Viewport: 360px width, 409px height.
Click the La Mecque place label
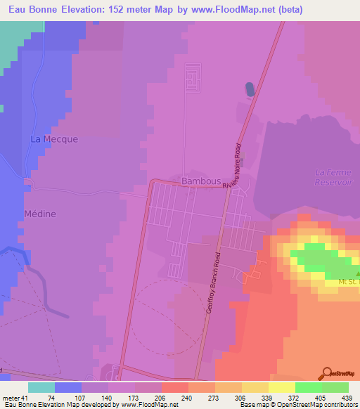[54, 139]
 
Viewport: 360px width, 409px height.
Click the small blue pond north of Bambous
[248, 90]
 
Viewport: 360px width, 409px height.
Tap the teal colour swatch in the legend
[41, 387]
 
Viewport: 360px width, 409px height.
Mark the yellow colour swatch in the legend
[282, 387]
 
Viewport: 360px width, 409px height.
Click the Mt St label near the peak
[348, 282]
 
